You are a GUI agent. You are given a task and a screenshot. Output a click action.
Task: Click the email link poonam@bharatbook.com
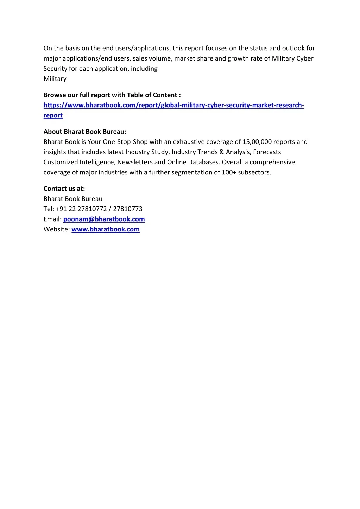[x=104, y=219]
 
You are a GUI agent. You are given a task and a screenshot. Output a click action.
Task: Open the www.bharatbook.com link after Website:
[x=105, y=229]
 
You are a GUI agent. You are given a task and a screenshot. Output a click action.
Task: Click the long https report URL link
[x=173, y=105]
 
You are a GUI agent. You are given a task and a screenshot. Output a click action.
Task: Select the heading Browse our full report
[x=112, y=95]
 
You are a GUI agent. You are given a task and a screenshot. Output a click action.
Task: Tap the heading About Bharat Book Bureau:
[x=84, y=132]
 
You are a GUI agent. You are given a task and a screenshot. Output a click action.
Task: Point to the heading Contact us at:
[x=64, y=189]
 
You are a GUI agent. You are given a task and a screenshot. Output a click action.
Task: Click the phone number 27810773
[x=127, y=209]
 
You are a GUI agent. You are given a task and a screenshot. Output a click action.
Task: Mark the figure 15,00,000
[x=257, y=142]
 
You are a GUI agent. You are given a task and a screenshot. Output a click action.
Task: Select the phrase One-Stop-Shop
[x=125, y=142]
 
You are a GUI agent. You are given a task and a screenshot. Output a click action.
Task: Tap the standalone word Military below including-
[x=55, y=79]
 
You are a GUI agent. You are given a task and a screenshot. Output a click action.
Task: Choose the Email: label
[x=52, y=219]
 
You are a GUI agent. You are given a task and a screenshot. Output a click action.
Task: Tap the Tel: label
[x=49, y=209]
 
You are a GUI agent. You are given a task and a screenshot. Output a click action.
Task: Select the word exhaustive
[x=189, y=142]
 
